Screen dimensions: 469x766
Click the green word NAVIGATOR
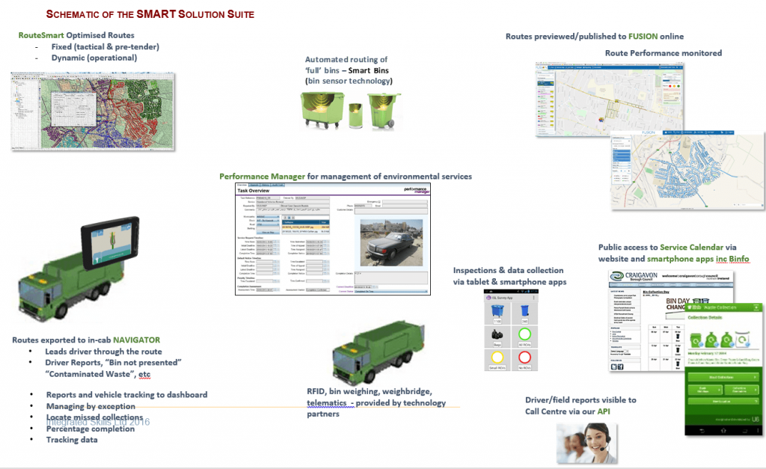[136, 340]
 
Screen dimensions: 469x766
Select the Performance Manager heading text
[262, 177]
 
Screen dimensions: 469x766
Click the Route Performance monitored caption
[663, 53]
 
